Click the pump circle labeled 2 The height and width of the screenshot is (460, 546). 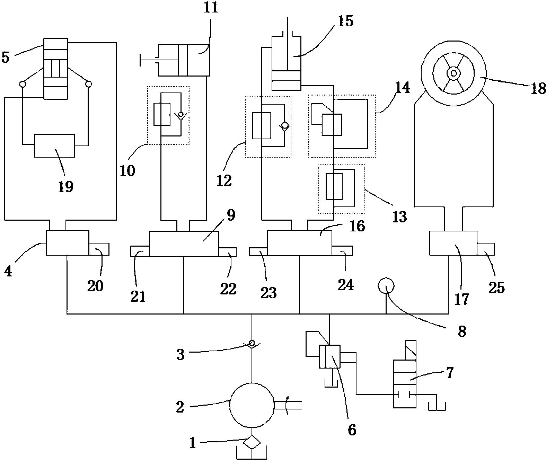pyautogui.click(x=252, y=405)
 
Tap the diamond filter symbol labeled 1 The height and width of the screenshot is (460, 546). pyautogui.click(x=252, y=442)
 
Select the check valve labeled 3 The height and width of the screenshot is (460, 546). pyautogui.click(x=252, y=344)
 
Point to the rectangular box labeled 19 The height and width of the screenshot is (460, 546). pyautogui.click(x=54, y=145)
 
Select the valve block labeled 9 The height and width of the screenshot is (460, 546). pyautogui.click(x=184, y=244)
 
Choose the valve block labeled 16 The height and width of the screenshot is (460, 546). pyautogui.click(x=299, y=243)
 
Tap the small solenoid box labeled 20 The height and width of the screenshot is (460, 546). pyautogui.click(x=99, y=249)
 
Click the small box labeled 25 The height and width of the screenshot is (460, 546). pyautogui.click(x=485, y=249)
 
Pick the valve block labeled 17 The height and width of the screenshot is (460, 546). pyautogui.click(x=453, y=244)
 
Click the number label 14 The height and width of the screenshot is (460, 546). pyautogui.click(x=402, y=87)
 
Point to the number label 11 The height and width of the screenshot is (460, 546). pyautogui.click(x=211, y=8)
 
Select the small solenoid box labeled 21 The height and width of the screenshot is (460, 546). pyautogui.click(x=140, y=251)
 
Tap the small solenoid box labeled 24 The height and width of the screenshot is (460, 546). pyautogui.click(x=342, y=251)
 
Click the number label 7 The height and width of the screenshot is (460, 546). pyautogui.click(x=449, y=374)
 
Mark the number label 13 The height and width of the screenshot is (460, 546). pyautogui.click(x=399, y=216)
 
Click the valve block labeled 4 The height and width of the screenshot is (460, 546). pyautogui.click(x=67, y=243)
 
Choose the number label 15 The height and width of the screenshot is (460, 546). pyautogui.click(x=345, y=21)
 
